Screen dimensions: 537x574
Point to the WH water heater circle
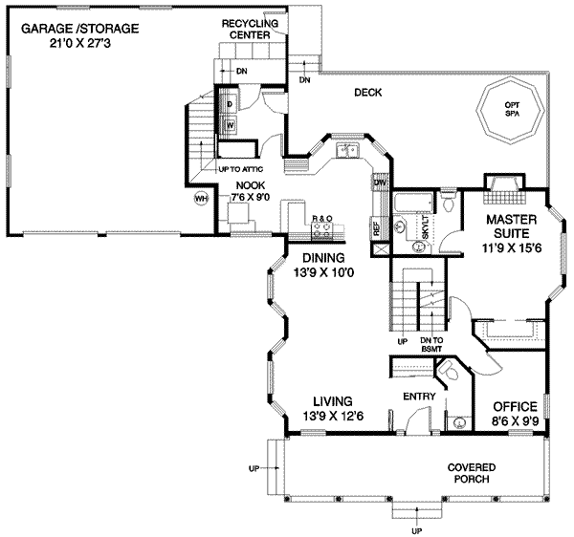click(x=201, y=198)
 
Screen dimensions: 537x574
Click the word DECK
click(x=368, y=93)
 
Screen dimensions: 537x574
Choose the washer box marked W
click(x=231, y=124)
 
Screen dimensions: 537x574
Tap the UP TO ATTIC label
click(x=241, y=169)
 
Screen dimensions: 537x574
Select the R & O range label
click(x=322, y=220)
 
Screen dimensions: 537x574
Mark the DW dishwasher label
click(x=380, y=181)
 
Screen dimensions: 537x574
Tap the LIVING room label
click(x=331, y=401)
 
